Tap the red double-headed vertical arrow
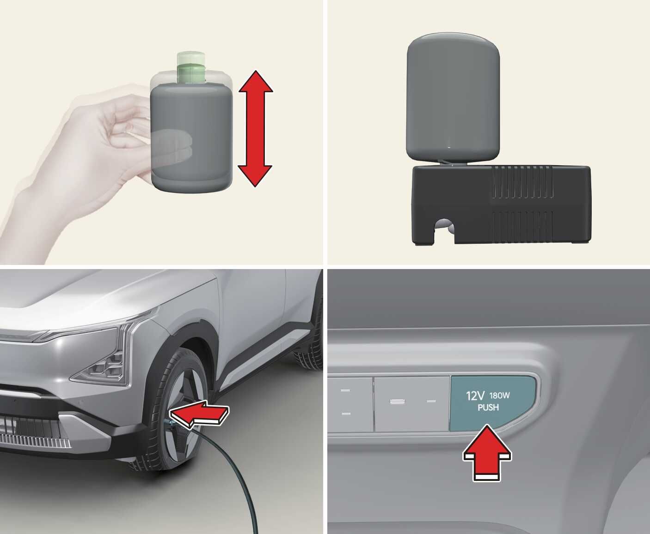tap(255, 128)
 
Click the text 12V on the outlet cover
tap(475, 396)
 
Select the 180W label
tap(500, 396)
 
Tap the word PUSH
tap(488, 408)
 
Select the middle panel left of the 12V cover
tap(411, 404)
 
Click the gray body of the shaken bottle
tap(191, 138)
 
